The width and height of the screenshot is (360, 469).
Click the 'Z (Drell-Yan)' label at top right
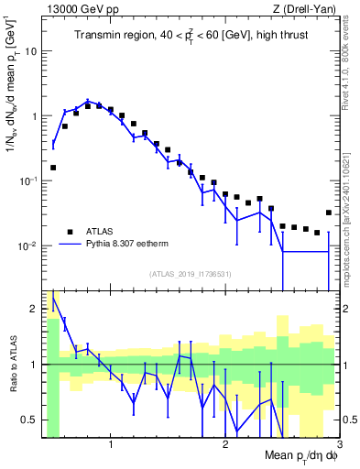pyautogui.click(x=307, y=8)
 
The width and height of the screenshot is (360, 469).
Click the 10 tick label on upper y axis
pyautogui.click(x=32, y=51)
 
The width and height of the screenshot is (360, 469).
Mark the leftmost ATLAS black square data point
pyautogui.click(x=53, y=168)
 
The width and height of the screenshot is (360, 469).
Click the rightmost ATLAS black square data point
pyautogui.click(x=329, y=213)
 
